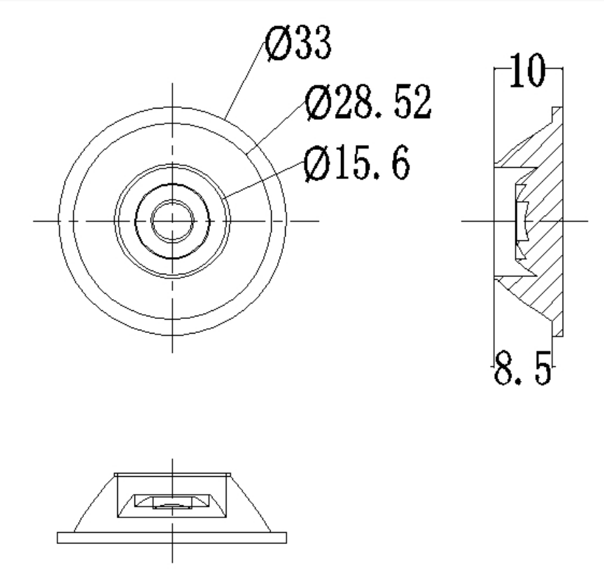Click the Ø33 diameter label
coord(298,43)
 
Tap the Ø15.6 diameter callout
coord(357,163)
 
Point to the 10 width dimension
coord(527,70)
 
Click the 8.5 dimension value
coord(523,368)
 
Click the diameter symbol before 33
coord(278,43)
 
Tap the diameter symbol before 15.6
coord(318,163)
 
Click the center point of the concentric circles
coord(172,221)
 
